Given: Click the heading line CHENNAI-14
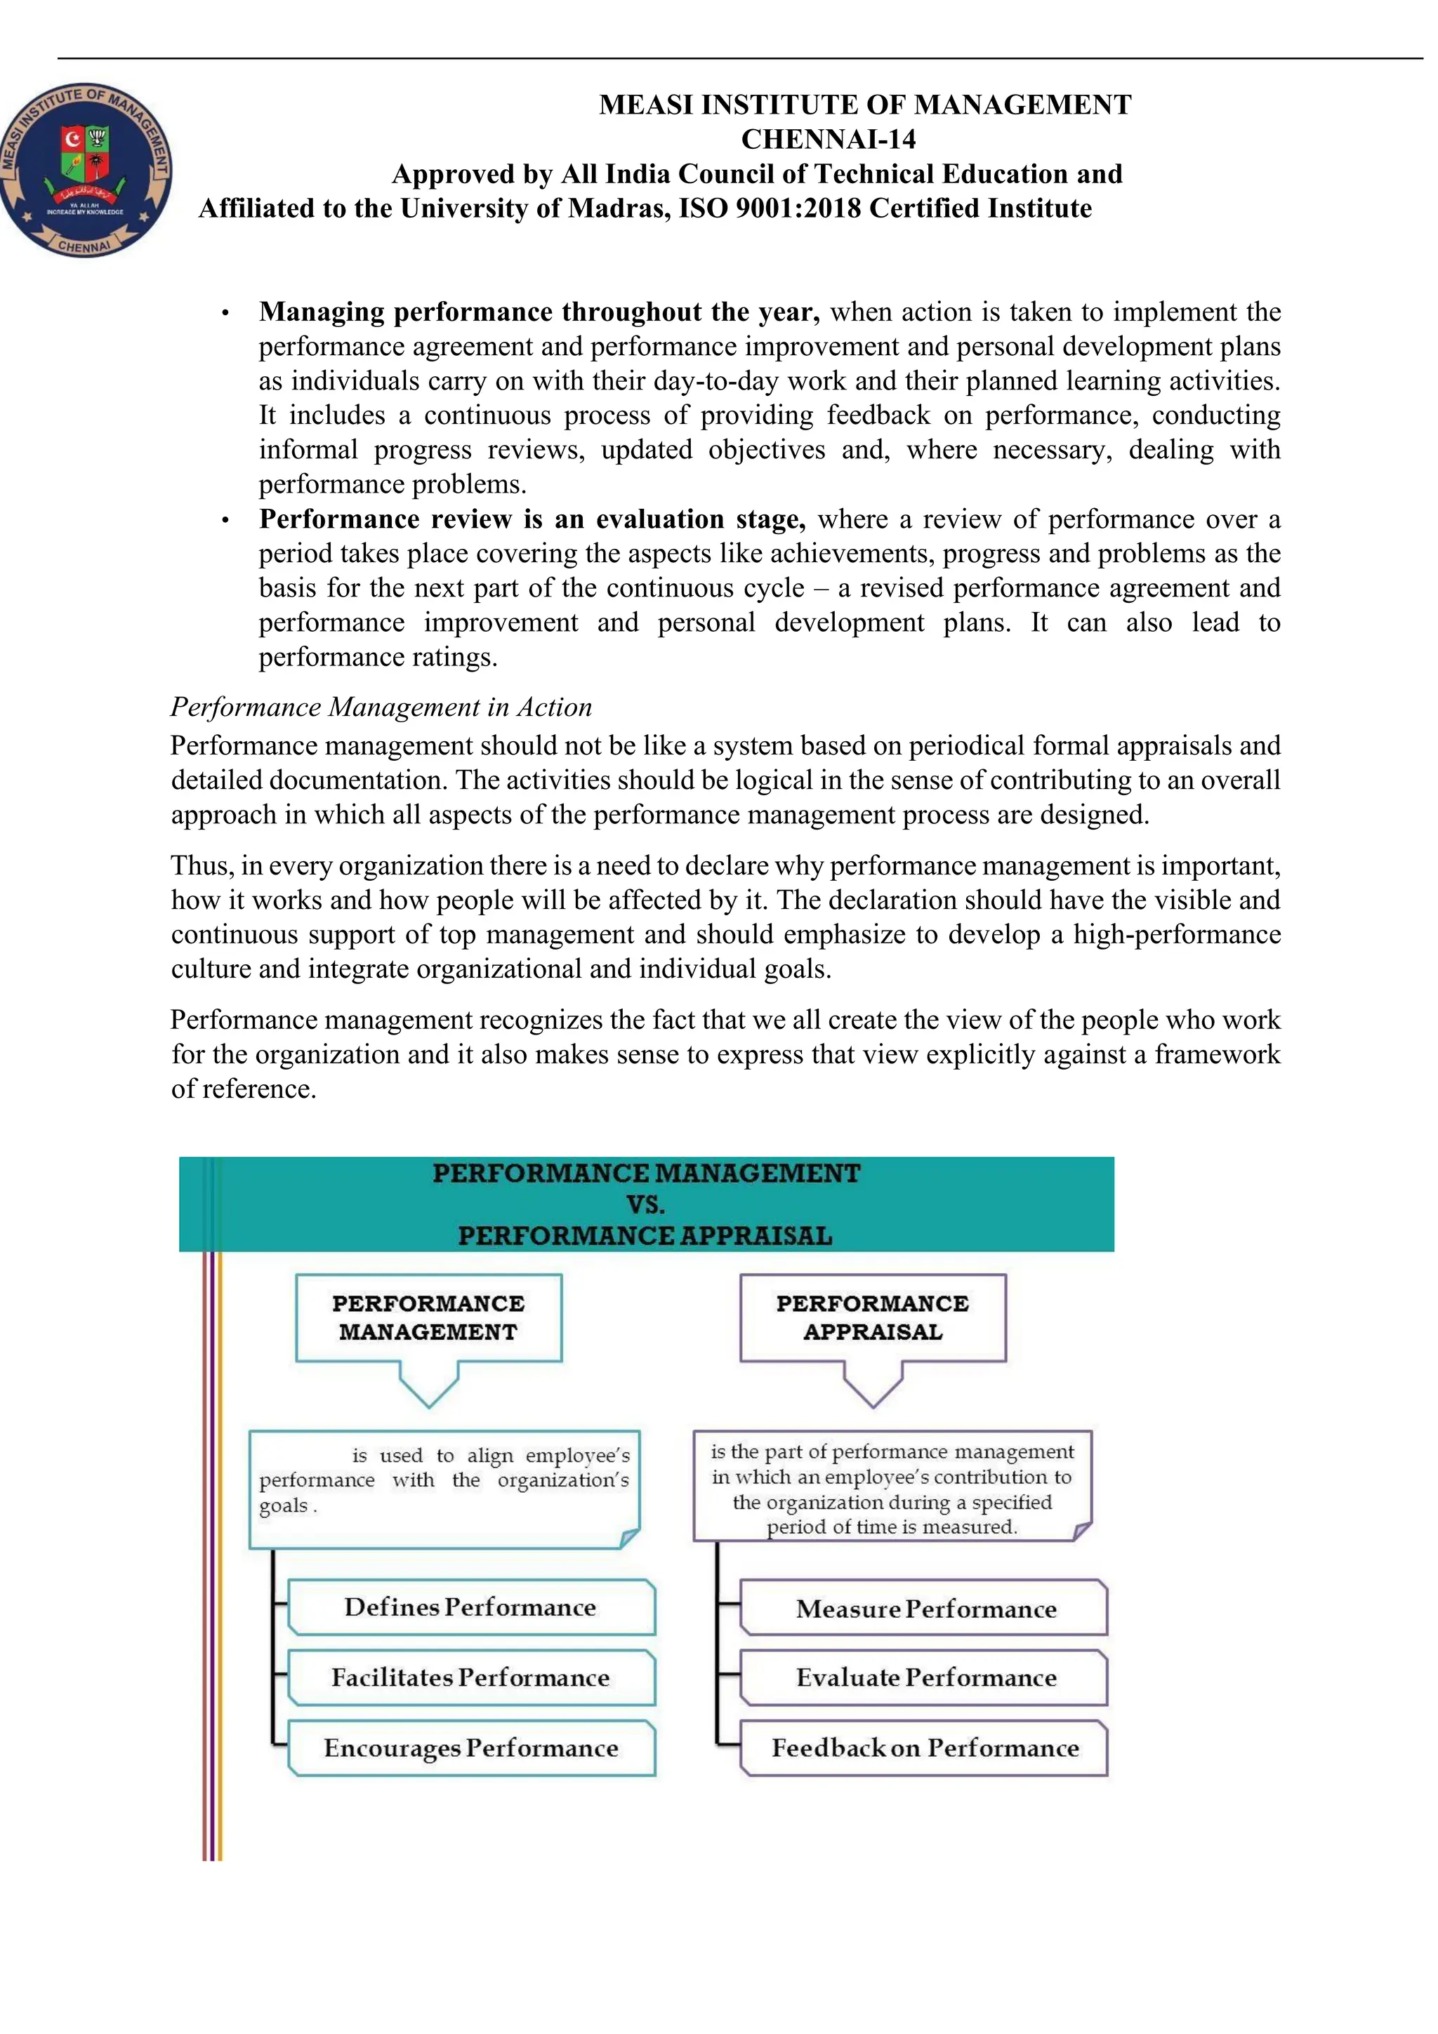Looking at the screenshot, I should (x=828, y=139).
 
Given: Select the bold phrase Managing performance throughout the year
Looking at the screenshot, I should (x=539, y=312).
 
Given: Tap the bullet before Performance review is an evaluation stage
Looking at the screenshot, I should (x=226, y=521).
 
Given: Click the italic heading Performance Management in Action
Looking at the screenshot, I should (x=381, y=707).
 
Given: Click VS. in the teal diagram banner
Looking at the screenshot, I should (x=645, y=1204).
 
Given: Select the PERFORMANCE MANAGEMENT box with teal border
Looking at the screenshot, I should (x=429, y=1317).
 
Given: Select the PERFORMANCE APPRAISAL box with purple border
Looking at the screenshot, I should (x=873, y=1317).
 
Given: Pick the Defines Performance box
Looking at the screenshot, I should (x=470, y=1607).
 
